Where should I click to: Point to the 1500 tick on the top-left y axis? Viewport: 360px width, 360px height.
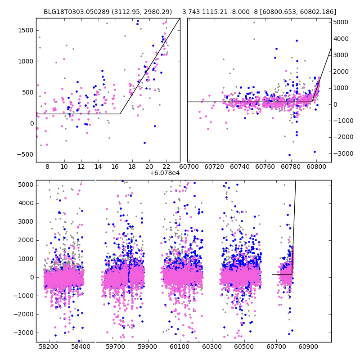pos(36,30)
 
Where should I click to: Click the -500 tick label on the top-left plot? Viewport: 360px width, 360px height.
pos(26,155)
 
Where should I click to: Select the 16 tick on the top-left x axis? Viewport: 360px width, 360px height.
pos(115,162)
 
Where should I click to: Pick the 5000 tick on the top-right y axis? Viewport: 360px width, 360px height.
pos(331,22)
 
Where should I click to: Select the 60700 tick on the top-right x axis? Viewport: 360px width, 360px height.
pos(188,162)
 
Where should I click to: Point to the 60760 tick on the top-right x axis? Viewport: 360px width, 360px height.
pos(265,162)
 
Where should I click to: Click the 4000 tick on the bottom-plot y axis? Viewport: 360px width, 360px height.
pos(36,203)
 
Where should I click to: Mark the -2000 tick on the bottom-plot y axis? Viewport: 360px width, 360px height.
pos(36,314)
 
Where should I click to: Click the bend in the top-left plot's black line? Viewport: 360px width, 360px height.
pos(120,114)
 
